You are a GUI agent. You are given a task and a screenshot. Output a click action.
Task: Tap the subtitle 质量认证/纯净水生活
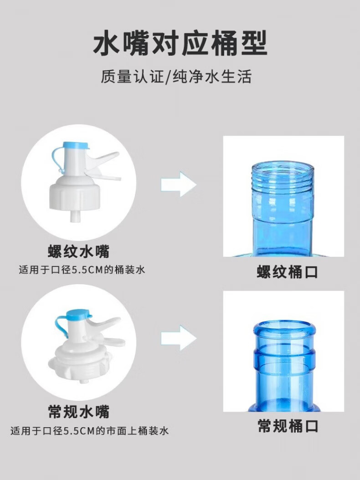(176, 76)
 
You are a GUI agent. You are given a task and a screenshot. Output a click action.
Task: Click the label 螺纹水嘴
(78, 251)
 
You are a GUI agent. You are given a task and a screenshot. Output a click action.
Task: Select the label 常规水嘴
(79, 411)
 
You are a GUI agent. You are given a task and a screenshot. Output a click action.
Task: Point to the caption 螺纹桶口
(287, 272)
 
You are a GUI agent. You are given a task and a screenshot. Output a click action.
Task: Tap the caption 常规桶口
(288, 426)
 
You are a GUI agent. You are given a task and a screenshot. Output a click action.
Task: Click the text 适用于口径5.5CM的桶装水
(82, 270)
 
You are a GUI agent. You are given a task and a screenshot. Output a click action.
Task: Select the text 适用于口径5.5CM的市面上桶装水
(89, 431)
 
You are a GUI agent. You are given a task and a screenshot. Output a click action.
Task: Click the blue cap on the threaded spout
(76, 146)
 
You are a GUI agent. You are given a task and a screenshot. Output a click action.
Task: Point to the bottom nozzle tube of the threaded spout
(74, 216)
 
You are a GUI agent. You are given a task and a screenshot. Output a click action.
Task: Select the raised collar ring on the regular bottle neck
(284, 357)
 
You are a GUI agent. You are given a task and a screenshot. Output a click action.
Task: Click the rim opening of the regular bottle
(284, 326)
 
